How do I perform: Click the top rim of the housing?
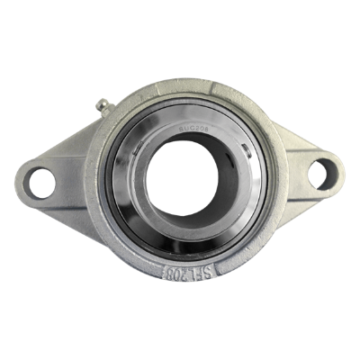(x=180, y=87)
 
